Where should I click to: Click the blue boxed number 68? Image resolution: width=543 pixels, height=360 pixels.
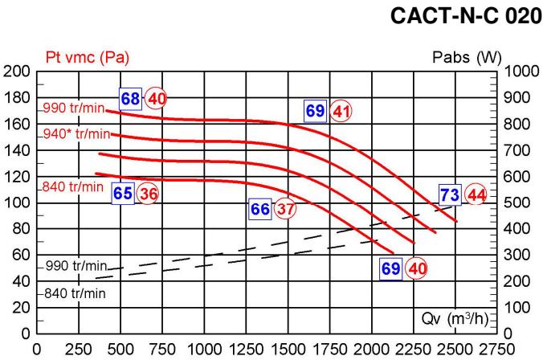[130, 98]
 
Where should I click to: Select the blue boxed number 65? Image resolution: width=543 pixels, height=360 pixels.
[122, 194]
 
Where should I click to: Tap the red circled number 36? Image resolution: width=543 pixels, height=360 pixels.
[147, 194]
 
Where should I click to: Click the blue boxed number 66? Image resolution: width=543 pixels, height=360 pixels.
[260, 209]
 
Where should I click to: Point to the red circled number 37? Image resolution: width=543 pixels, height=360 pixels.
[285, 209]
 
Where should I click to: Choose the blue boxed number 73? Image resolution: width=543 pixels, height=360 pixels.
[450, 194]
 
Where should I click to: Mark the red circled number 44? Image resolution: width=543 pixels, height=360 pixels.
[476, 194]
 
